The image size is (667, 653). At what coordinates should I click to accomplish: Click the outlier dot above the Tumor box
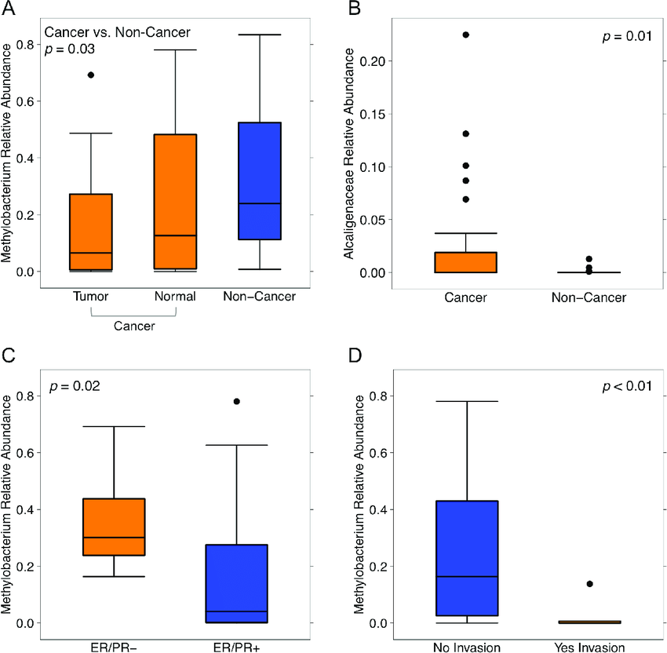click(x=91, y=75)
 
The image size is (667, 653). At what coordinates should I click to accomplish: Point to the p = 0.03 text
click(x=69, y=50)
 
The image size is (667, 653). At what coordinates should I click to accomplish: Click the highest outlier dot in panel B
click(x=465, y=35)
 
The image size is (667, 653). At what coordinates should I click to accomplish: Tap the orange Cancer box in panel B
click(x=465, y=262)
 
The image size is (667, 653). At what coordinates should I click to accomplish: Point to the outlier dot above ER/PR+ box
click(x=237, y=401)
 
